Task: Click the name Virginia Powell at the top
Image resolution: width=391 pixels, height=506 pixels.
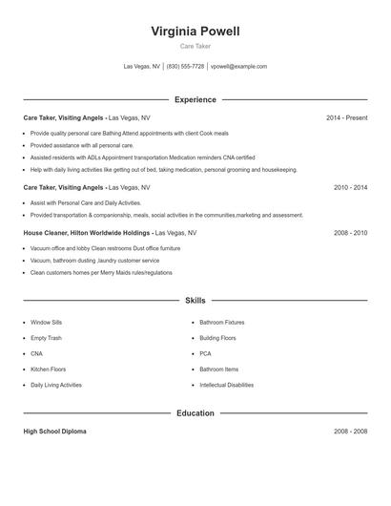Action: pos(195,32)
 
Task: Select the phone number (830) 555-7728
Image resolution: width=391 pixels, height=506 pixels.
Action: pos(185,67)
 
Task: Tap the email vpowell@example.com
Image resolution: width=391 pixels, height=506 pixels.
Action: pos(238,67)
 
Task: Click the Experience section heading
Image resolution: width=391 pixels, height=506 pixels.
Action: pos(195,99)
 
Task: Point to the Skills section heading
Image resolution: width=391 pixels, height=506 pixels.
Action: pos(195,301)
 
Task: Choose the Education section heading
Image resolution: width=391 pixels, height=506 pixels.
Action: pos(195,413)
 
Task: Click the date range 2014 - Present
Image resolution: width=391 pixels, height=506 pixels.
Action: pos(346,118)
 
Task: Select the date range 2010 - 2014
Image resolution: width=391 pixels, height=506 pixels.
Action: pos(350,188)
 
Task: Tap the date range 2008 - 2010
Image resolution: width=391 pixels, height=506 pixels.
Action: pos(350,233)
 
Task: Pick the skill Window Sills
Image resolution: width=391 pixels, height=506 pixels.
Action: pos(47,323)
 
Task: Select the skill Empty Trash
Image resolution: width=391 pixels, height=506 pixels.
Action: pos(46,338)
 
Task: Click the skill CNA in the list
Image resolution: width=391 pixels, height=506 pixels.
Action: pos(37,354)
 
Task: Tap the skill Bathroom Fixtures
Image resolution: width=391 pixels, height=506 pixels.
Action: pos(221,323)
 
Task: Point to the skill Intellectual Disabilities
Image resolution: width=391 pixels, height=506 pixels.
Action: pos(226,385)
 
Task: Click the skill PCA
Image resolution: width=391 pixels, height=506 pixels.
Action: pos(205,354)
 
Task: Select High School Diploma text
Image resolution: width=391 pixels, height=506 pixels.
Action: pos(54,432)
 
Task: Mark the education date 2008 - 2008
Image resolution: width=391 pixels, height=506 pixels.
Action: pos(350,432)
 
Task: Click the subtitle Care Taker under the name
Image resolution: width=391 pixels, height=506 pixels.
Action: pos(195,46)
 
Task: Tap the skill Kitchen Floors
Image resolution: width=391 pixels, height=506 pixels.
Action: pos(48,369)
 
